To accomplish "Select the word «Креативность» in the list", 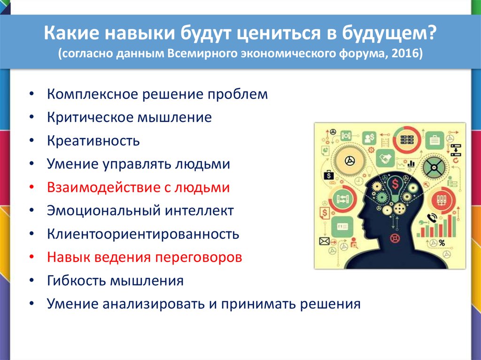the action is pyautogui.click(x=93, y=141).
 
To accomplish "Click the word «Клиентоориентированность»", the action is pyautogui.click(x=143, y=234).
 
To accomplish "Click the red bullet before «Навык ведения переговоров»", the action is pyautogui.click(x=32, y=257).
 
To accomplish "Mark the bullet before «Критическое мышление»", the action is pyautogui.click(x=32, y=117).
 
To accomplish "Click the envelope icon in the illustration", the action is pyautogui.click(x=324, y=241).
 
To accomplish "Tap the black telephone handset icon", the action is pyautogui.click(x=432, y=217).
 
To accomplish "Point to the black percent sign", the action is pyautogui.click(x=442, y=243).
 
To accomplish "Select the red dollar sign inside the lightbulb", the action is pyautogui.click(x=395, y=184).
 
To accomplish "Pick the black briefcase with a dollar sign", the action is pyautogui.click(x=328, y=175).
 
